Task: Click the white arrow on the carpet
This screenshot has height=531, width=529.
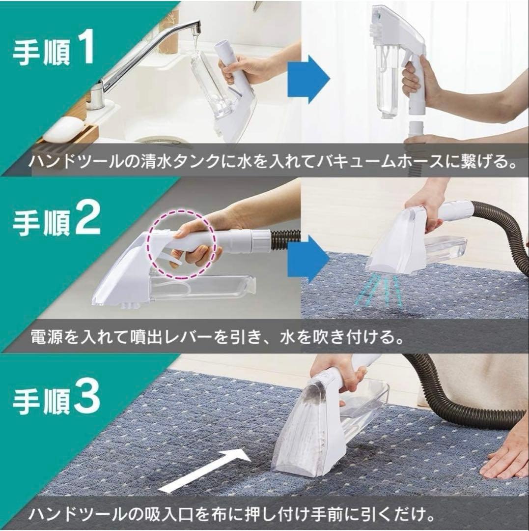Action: [201, 471]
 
